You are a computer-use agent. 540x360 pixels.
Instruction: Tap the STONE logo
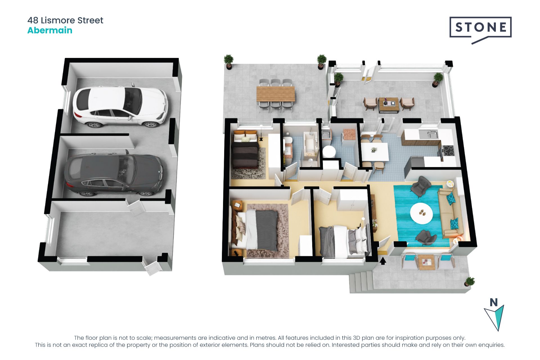tap(480, 28)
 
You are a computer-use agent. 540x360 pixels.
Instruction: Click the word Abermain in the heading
tap(50, 30)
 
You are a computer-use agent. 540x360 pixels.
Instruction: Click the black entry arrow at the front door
tap(383, 261)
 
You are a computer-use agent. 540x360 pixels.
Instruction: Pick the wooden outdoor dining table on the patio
tap(276, 94)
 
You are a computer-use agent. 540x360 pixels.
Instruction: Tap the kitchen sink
tap(429, 134)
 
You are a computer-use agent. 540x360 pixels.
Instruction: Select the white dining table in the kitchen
tap(375, 152)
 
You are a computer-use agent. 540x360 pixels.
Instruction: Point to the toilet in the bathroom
tap(287, 141)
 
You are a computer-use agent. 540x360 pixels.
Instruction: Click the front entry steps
tap(361, 282)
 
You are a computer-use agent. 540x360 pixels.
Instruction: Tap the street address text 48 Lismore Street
tap(65, 20)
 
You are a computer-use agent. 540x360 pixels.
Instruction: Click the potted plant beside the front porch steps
tap(469, 282)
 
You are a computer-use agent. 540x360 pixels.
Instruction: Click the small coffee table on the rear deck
tap(388, 105)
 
